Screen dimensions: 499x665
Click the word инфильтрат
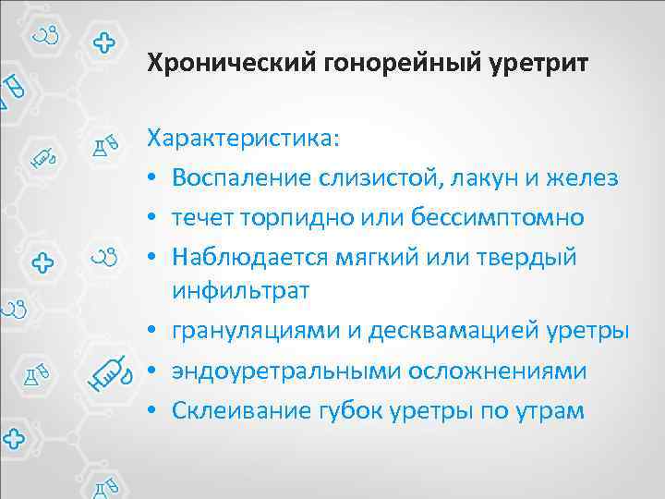[x=239, y=290]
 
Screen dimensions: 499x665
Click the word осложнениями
[x=494, y=371]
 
